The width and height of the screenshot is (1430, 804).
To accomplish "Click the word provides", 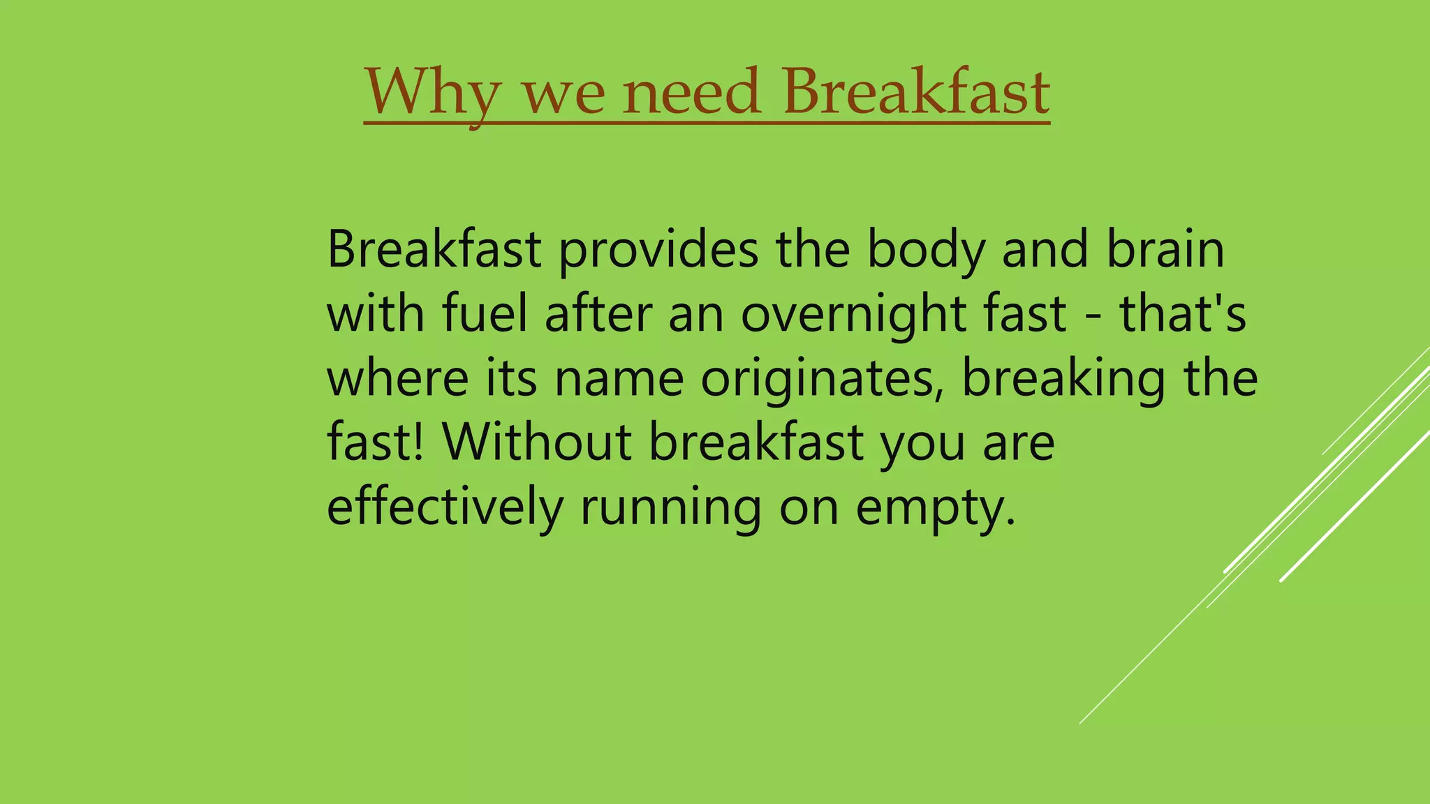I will point(658,250).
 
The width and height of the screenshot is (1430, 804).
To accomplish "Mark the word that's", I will point(1183,314).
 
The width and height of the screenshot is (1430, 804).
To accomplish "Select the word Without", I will point(536,442).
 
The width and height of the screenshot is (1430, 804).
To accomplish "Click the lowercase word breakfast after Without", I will point(756,442).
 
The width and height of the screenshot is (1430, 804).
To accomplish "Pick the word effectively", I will point(445,507).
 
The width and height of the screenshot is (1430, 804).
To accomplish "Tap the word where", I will point(397,379).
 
